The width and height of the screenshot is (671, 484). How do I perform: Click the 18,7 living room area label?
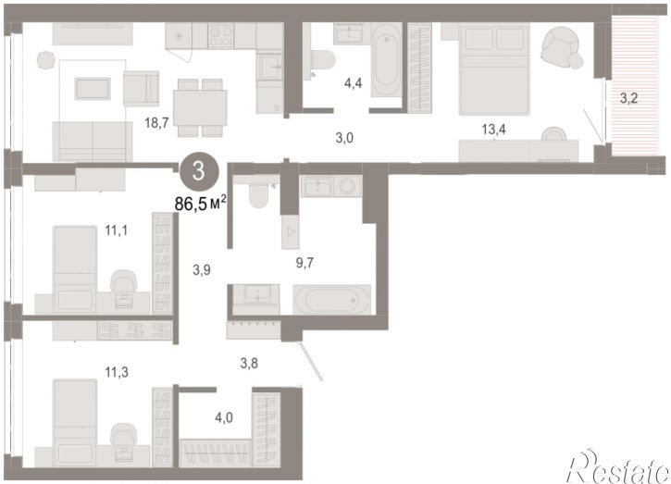click(x=157, y=123)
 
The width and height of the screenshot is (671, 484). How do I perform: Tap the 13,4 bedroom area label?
click(x=493, y=129)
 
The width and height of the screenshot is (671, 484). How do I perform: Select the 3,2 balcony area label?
click(x=628, y=98)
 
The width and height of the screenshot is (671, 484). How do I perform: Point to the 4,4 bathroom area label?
click(x=353, y=83)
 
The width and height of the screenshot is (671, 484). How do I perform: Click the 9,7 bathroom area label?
click(x=304, y=263)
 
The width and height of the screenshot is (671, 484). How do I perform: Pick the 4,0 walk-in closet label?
click(x=224, y=417)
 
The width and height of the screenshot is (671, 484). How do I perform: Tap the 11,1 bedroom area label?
click(x=117, y=231)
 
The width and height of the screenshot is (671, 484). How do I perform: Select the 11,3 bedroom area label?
click(x=117, y=372)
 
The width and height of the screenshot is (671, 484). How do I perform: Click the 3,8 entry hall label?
click(x=249, y=364)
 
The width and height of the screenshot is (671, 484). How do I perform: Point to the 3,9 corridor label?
click(x=201, y=270)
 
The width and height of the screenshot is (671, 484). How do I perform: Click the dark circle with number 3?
click(x=199, y=171)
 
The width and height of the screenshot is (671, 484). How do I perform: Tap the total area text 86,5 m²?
click(x=200, y=204)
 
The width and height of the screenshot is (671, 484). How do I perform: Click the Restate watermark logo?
click(x=617, y=466)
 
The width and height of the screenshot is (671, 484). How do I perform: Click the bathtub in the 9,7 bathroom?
click(x=331, y=300)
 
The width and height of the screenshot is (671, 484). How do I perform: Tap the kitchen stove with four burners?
click(x=221, y=35)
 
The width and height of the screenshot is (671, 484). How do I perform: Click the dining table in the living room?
click(x=200, y=107)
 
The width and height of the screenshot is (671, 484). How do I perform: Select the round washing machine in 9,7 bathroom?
click(x=347, y=186)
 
